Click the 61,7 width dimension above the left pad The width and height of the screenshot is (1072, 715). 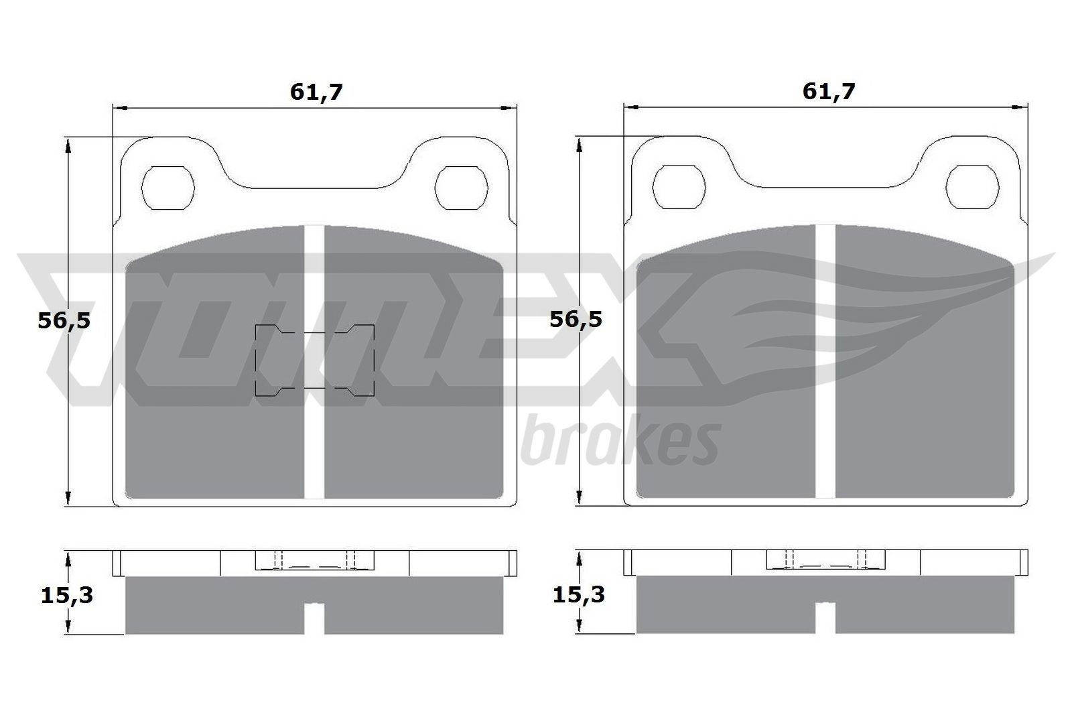click(316, 92)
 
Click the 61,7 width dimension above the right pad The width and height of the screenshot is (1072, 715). click(829, 92)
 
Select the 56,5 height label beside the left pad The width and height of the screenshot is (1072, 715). click(64, 320)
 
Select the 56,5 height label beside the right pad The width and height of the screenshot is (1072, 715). click(576, 319)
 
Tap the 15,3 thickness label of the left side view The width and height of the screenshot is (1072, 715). click(67, 594)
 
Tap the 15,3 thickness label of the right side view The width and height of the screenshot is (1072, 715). click(579, 594)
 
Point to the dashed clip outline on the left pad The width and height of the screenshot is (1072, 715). click(315, 361)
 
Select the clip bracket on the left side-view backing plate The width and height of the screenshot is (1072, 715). click(315, 560)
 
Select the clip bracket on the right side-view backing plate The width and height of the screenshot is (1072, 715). click(825, 560)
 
